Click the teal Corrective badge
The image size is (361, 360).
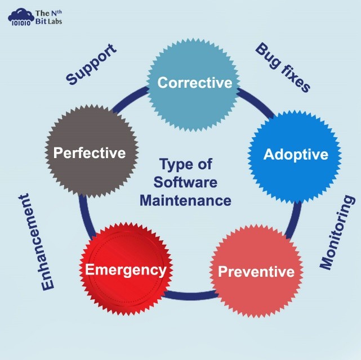click(194, 83)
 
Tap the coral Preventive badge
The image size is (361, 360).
click(256, 272)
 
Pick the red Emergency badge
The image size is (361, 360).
click(126, 270)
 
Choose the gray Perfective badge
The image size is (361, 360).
click(89, 152)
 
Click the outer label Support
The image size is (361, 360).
click(91, 65)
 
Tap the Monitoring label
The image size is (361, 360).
click(338, 232)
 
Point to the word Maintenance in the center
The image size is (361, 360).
click(185, 200)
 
